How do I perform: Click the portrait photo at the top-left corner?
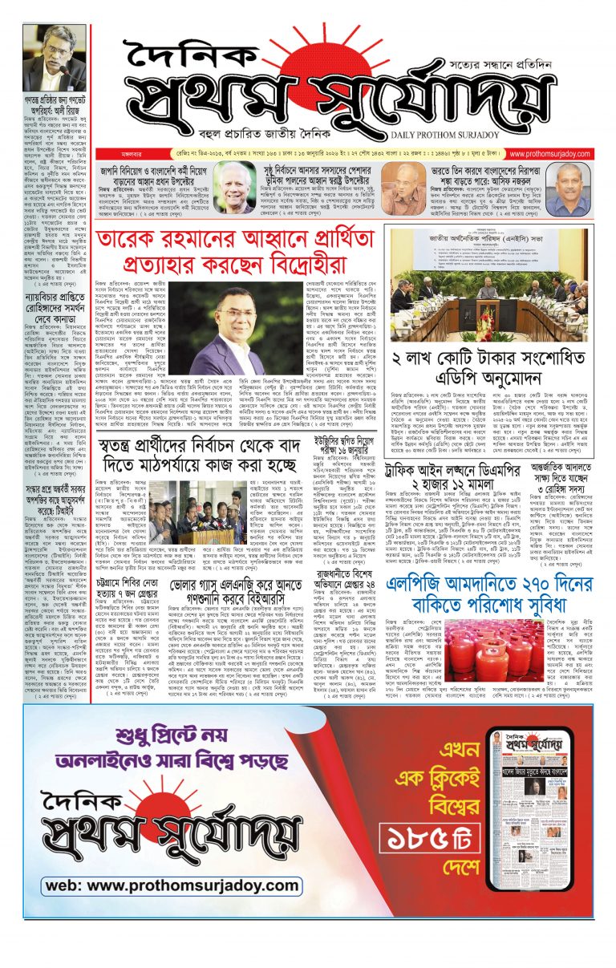click(53, 58)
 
